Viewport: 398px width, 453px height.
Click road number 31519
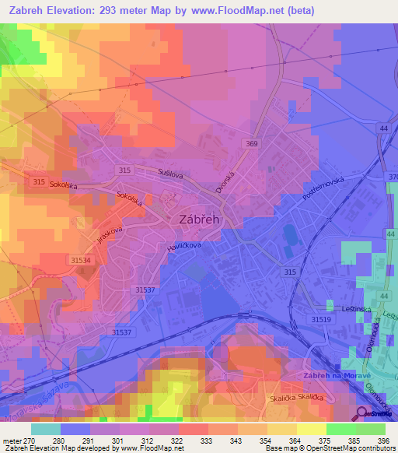click(x=321, y=319)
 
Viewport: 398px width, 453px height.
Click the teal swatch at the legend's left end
click(x=45, y=428)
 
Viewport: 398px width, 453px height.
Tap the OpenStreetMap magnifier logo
click(x=363, y=413)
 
